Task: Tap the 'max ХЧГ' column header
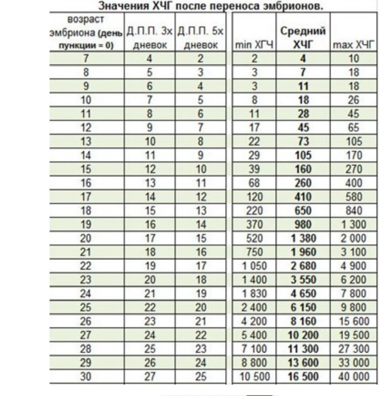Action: tap(353, 45)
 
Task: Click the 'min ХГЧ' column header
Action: tap(254, 45)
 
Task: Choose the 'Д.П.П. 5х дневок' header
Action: tap(200, 38)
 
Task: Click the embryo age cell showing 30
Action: tap(86, 376)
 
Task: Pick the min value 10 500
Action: tap(254, 376)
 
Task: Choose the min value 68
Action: tap(254, 183)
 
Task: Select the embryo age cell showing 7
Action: tap(86, 58)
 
